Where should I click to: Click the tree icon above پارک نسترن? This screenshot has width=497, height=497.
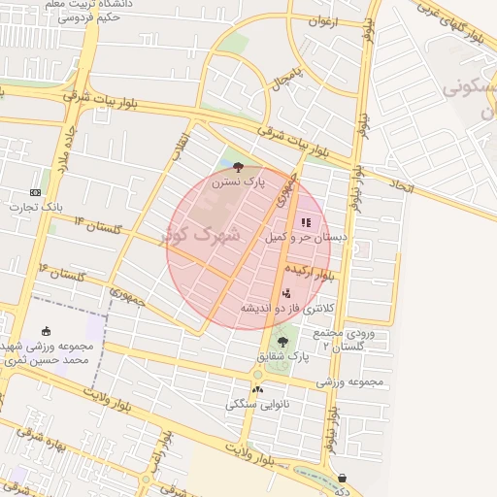(239, 167)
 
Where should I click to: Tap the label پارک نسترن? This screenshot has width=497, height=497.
(240, 182)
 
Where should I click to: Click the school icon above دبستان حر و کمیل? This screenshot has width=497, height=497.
(307, 222)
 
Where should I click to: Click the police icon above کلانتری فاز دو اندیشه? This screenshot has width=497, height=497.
(285, 293)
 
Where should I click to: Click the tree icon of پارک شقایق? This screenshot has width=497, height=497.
(282, 342)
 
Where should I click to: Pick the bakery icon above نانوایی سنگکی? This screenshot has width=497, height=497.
(257, 389)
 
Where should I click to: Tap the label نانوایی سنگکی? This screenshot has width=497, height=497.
(257, 404)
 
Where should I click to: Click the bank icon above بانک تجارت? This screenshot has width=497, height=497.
(36, 191)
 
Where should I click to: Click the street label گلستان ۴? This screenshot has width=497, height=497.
(63, 273)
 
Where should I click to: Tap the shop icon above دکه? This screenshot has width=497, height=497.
(342, 477)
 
